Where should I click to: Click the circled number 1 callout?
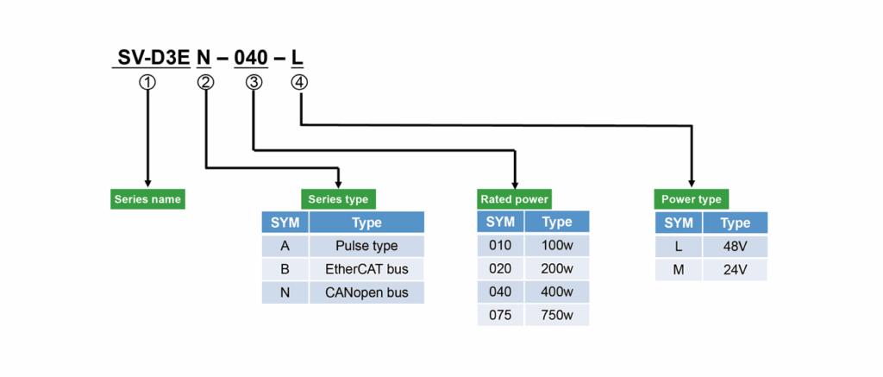[x=147, y=82]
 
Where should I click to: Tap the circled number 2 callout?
[x=205, y=82]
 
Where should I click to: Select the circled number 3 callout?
[x=254, y=82]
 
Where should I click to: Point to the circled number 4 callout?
[x=299, y=82]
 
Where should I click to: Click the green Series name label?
[x=147, y=199]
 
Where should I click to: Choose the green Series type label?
[x=338, y=199]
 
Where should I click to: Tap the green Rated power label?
[x=513, y=199]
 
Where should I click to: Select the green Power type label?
[x=691, y=199]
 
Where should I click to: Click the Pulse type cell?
[x=366, y=246]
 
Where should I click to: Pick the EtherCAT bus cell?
[x=366, y=269]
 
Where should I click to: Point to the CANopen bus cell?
[x=366, y=293]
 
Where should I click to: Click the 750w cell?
[x=557, y=314]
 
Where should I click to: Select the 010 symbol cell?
[x=500, y=245]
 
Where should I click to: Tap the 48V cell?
[x=735, y=246]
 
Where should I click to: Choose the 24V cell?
[x=735, y=269]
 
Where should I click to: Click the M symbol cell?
[x=679, y=269]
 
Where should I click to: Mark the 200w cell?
[x=557, y=268]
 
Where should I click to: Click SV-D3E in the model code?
[x=154, y=58]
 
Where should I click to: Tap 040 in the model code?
[x=253, y=58]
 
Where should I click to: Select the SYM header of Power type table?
[x=679, y=223]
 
